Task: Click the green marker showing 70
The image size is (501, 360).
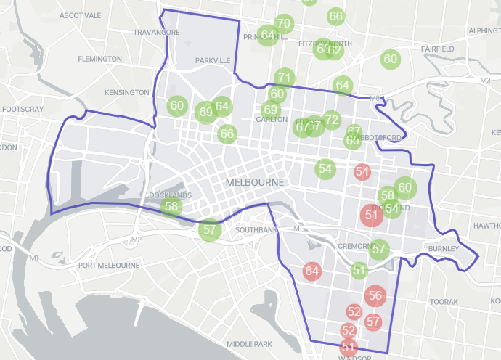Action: (284, 23)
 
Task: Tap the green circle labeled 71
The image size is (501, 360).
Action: (284, 78)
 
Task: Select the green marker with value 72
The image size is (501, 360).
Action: (332, 120)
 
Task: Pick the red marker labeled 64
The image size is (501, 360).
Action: (312, 271)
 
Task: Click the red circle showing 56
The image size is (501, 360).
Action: (375, 295)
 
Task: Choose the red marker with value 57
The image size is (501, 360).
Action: (374, 322)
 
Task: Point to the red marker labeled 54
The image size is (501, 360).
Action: (362, 172)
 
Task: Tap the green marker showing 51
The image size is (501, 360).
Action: (359, 271)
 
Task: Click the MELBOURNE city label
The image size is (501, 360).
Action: (255, 181)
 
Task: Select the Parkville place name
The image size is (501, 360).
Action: (212, 60)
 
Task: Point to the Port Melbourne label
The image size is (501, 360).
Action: (109, 266)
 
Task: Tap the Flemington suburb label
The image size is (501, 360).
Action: (99, 59)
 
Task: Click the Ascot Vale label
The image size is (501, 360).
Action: (81, 15)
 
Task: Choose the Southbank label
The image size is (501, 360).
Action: (256, 231)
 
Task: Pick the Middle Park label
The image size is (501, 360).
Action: (248, 343)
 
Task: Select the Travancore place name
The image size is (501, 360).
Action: (156, 33)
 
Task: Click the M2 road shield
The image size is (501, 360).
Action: (137, 240)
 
